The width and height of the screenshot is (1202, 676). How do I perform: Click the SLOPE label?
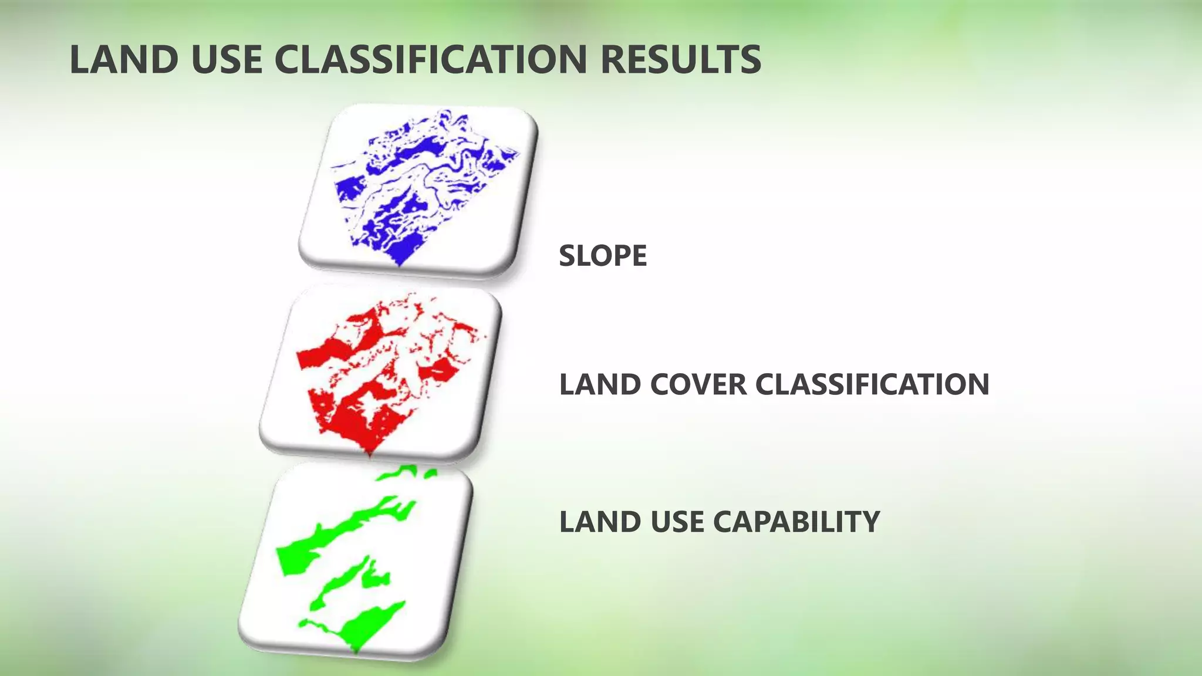tap(603, 256)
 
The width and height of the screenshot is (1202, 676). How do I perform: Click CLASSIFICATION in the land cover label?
tap(872, 385)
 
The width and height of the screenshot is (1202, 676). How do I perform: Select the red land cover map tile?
tap(380, 373)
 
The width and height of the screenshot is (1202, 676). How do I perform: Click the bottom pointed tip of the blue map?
tap(400, 265)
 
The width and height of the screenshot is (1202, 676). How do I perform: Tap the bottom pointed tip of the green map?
tap(356, 651)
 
